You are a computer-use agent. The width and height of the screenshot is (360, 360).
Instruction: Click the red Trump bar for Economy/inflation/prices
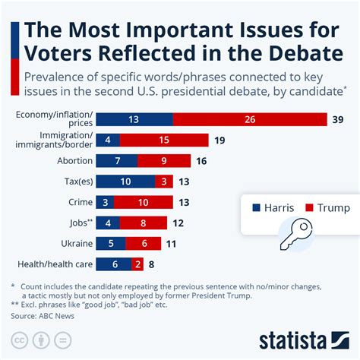click(250, 119)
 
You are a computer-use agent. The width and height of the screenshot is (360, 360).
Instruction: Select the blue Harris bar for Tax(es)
click(126, 182)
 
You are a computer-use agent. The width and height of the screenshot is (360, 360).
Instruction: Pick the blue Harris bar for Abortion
click(117, 161)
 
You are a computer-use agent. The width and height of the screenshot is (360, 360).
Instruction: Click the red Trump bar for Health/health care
click(137, 264)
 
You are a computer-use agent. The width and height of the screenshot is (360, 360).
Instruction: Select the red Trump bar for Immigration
click(165, 140)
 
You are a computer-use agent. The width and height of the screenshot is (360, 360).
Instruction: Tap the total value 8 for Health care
click(152, 264)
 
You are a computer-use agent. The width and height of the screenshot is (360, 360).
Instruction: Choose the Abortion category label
click(74, 161)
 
